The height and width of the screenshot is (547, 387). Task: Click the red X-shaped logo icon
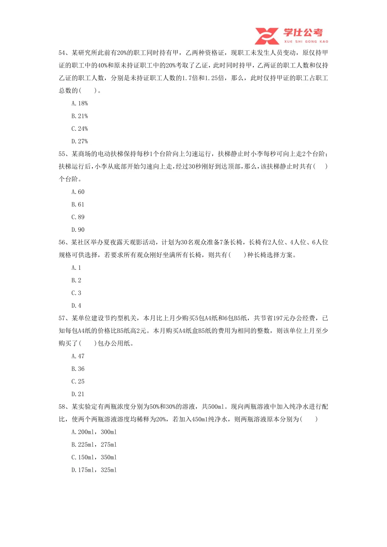267,36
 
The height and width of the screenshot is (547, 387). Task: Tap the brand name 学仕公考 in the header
303,33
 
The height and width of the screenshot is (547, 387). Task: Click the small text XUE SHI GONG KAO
306,42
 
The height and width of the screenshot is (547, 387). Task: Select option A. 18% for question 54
80,104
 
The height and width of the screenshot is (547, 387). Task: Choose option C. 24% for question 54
80,129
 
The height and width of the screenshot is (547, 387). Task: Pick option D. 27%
80,141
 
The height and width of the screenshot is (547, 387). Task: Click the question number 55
62,154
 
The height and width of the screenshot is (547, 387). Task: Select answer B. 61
78,205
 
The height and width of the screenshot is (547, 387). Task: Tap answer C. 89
78,217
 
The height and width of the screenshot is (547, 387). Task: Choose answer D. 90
78,230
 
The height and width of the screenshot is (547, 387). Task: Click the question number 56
62,243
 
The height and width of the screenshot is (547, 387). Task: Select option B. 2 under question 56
76,280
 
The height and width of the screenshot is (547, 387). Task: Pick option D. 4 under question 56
76,306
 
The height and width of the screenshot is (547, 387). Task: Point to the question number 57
62,318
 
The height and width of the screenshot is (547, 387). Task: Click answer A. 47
78,356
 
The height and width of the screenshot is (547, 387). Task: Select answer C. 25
78,382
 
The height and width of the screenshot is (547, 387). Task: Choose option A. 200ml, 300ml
94,432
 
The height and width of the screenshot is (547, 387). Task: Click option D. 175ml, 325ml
94,470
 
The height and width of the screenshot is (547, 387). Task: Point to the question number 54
62,53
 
